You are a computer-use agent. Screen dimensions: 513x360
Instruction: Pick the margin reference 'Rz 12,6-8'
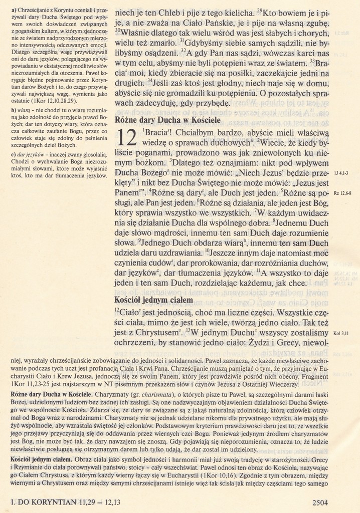point(343,193)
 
